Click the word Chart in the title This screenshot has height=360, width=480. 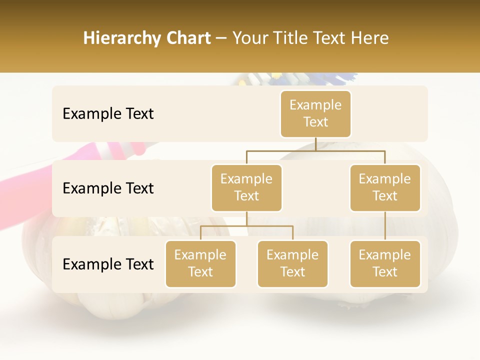tap(188, 38)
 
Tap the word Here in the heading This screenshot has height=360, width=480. tap(370, 38)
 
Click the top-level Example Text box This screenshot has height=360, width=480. tap(315, 114)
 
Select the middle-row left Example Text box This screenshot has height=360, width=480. tap(246, 188)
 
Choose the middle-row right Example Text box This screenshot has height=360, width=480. tap(385, 188)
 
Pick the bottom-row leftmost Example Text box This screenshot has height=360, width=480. tap(200, 264)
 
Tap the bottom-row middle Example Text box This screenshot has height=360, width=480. tap(292, 264)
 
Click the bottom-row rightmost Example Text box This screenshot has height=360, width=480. tap(385, 264)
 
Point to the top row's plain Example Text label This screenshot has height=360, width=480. tap(108, 114)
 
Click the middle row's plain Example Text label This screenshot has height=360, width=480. tap(108, 188)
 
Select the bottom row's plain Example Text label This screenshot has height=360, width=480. tap(108, 264)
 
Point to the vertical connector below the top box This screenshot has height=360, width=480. tap(315, 144)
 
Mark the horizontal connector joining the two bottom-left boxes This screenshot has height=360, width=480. tap(246, 226)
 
